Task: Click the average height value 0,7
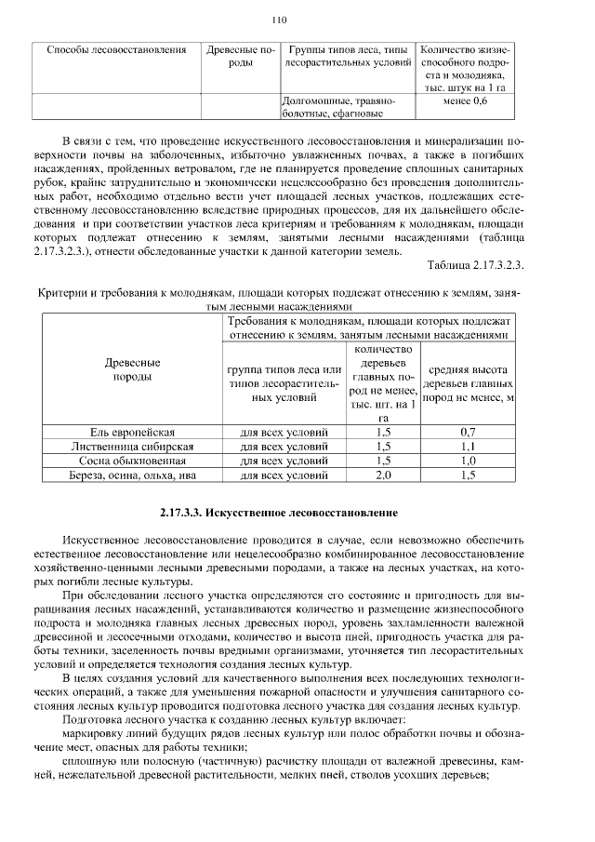pos(468,433)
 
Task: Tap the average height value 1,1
pos(468,447)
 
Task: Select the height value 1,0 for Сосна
pos(468,461)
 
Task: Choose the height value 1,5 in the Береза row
pos(468,474)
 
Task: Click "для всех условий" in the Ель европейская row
pos(284,433)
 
